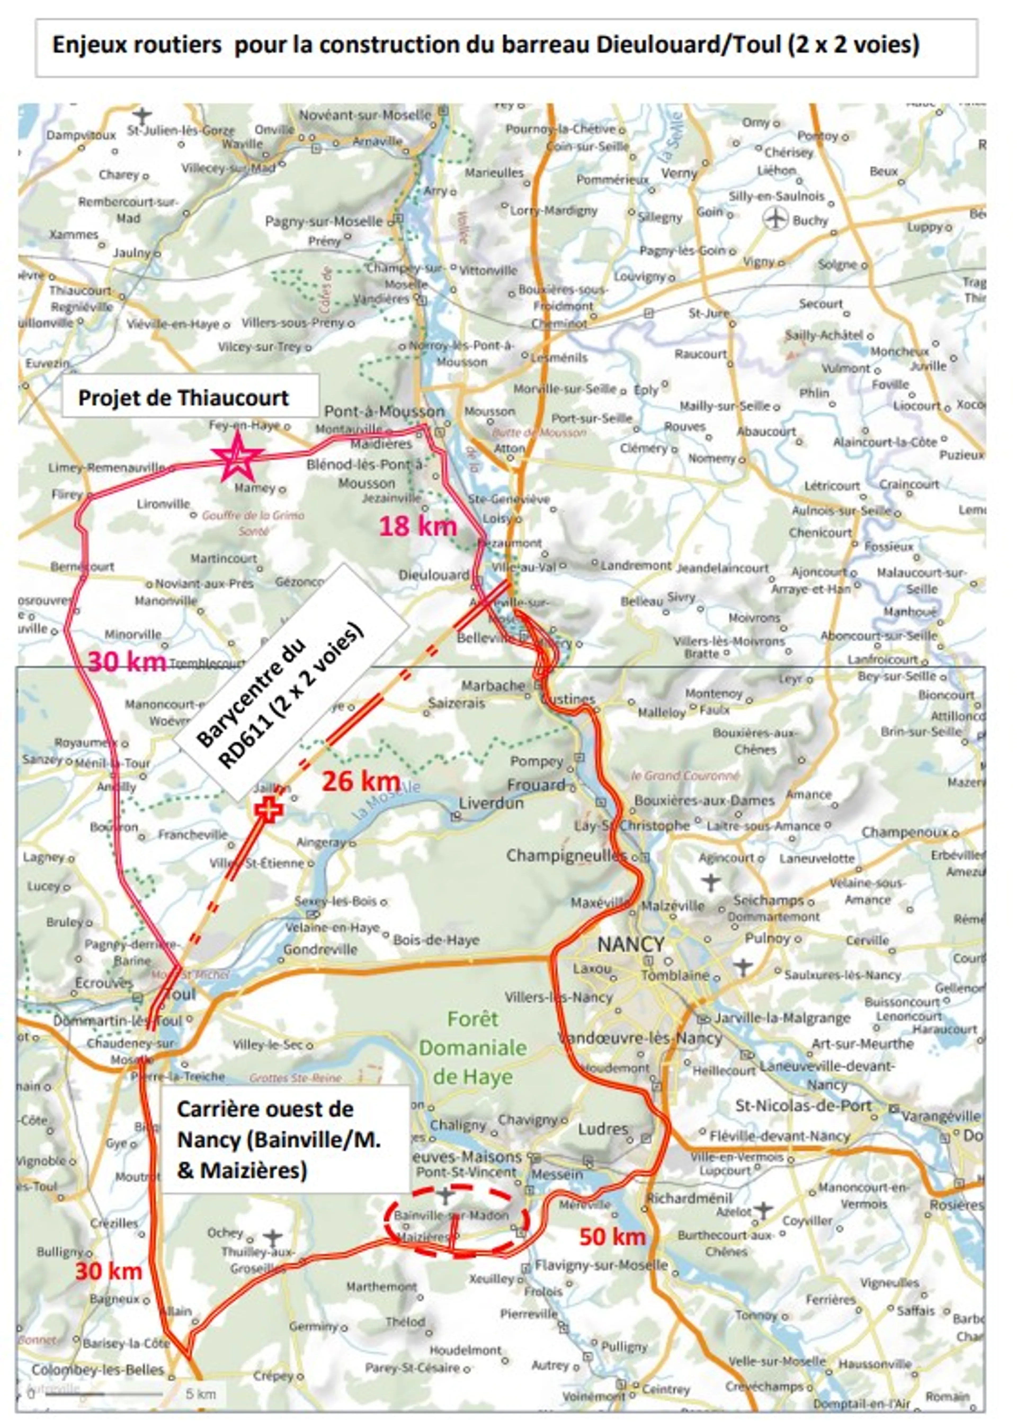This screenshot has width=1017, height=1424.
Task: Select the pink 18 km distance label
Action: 418,525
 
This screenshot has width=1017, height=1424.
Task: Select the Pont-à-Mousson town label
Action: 385,412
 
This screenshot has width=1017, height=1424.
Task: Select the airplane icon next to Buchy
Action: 776,219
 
